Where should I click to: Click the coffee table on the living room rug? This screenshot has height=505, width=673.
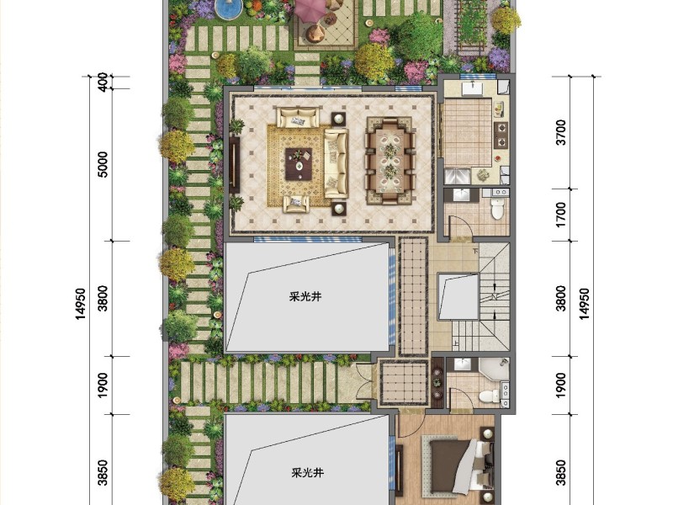[x=299, y=163]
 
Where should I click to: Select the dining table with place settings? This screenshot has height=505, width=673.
[x=390, y=162]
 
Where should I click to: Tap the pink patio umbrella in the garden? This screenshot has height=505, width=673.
[x=310, y=8]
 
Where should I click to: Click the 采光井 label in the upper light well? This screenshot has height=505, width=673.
[x=305, y=297]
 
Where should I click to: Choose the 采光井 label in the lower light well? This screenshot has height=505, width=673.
[x=307, y=473]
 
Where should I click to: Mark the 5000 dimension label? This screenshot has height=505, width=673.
[x=103, y=164]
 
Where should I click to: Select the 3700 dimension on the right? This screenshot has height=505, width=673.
[x=560, y=132]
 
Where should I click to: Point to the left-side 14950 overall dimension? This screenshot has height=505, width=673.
[x=80, y=304]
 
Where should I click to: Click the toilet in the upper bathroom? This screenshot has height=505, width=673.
[x=497, y=209]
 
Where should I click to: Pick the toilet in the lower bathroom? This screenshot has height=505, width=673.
[x=487, y=396]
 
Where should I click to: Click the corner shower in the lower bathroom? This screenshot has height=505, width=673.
[x=494, y=369]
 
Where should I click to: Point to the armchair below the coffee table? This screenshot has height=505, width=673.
[x=296, y=204]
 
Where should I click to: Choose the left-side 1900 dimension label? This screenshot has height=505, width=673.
[x=103, y=385]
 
